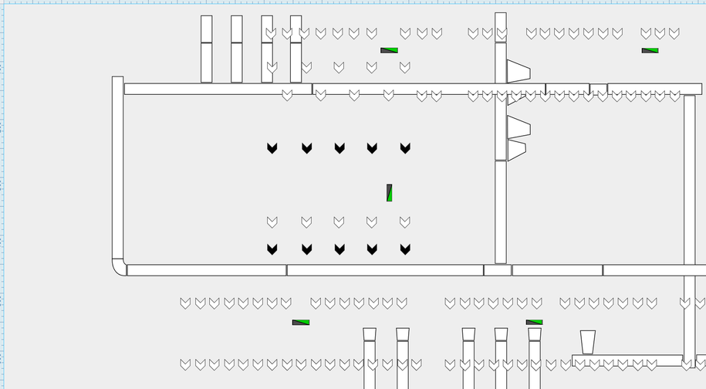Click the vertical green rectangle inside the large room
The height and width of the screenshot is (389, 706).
pyautogui.click(x=390, y=193)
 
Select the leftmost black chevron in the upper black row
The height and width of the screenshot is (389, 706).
pyautogui.click(x=272, y=148)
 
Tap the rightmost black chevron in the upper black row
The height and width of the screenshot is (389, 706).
pyautogui.click(x=405, y=148)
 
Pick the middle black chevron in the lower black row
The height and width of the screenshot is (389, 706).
pyautogui.click(x=339, y=249)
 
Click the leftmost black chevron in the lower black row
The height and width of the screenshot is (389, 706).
pyautogui.click(x=272, y=249)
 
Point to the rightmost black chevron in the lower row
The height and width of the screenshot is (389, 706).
pyautogui.click(x=405, y=249)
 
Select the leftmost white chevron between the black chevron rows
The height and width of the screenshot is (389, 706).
pyautogui.click(x=272, y=222)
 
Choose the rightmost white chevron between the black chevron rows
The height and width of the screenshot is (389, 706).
pyautogui.click(x=405, y=222)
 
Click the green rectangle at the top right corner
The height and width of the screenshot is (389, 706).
pyautogui.click(x=650, y=51)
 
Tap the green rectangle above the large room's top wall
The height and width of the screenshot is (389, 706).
pyautogui.click(x=390, y=51)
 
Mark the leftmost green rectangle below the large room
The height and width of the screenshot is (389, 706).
pyautogui.click(x=301, y=323)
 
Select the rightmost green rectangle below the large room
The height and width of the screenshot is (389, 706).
pyautogui.click(x=535, y=323)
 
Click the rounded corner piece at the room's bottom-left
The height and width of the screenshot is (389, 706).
pyautogui.click(x=119, y=267)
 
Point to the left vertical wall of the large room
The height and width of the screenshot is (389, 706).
pyautogui.click(x=118, y=170)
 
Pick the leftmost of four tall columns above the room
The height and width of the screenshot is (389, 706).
pyautogui.click(x=207, y=49)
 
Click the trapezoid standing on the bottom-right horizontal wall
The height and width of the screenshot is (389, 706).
pyautogui.click(x=588, y=343)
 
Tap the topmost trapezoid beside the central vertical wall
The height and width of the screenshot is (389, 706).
pyautogui.click(x=517, y=72)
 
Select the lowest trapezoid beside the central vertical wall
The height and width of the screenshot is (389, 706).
pyautogui.click(x=516, y=151)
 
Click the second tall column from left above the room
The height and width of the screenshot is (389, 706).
pyautogui.click(x=237, y=49)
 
